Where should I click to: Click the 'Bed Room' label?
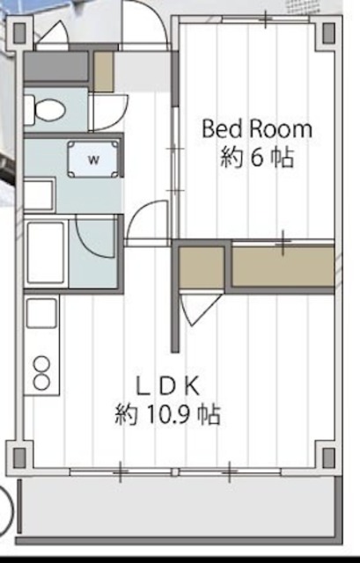point(256,129)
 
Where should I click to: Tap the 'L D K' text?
point(167,386)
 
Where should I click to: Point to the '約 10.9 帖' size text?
point(167,415)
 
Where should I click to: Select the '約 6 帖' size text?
point(257,157)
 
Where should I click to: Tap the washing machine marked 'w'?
point(93,159)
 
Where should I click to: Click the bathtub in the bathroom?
point(46,253)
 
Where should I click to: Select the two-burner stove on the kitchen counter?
point(41,373)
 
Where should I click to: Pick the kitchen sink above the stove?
point(41,313)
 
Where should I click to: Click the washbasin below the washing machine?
point(39,195)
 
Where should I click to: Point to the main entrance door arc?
point(158,14)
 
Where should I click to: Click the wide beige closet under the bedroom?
point(283,266)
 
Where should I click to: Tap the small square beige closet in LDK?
point(202,267)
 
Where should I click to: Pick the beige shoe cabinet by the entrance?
point(104,71)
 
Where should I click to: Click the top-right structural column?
point(328,33)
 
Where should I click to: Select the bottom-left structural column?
point(19,457)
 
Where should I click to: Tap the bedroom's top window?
point(265,19)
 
